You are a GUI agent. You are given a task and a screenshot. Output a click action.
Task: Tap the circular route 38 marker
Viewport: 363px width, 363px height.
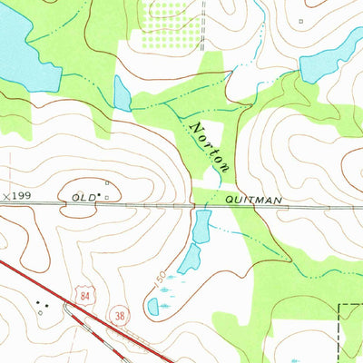pos(119,315)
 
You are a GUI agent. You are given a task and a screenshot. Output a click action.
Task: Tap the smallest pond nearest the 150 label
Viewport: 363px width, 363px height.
pos(152,307)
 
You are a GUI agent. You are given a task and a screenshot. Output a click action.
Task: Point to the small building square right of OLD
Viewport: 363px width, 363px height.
pos(107,194)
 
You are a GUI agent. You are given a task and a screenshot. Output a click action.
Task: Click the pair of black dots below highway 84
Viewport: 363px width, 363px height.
pos(40,304)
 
